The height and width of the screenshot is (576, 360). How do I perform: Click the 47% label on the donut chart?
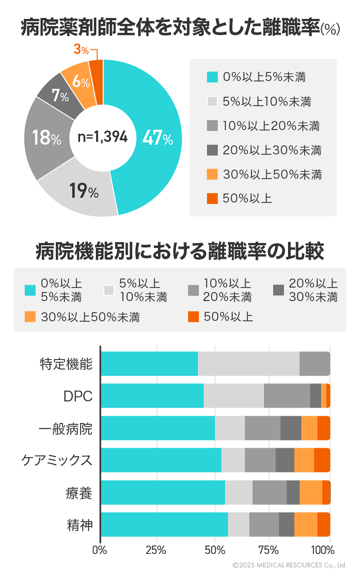coord(157,138)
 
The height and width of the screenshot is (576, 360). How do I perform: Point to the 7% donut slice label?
coord(60,96)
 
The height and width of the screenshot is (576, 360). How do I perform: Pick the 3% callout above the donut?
coord(81,49)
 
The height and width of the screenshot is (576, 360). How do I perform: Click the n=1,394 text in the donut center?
coord(103,137)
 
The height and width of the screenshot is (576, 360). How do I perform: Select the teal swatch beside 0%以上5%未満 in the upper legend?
coord(212,77)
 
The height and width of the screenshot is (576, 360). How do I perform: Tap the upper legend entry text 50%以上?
coord(247,198)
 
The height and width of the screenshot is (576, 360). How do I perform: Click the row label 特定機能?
coord(66,364)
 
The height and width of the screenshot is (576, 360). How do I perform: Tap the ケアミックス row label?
coord(57,460)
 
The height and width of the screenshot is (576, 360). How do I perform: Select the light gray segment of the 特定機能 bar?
coord(248,364)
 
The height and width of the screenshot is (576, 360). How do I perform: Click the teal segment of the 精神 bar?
coord(164,524)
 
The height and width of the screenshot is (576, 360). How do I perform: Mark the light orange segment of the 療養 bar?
coord(310,492)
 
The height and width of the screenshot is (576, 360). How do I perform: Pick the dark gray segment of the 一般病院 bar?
coord(291,428)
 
